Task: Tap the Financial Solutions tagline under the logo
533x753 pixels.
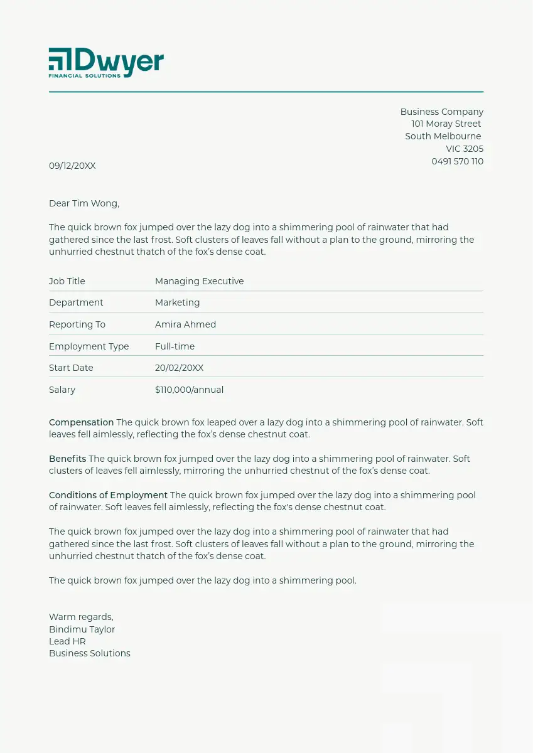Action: (x=85, y=75)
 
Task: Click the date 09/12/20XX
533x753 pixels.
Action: (x=72, y=166)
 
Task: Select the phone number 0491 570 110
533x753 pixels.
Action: (x=457, y=161)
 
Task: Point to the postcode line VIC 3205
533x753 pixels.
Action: (x=465, y=149)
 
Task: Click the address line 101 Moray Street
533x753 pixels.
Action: (x=446, y=124)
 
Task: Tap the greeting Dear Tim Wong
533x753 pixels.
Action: (x=84, y=203)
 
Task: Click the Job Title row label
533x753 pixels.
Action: (x=67, y=281)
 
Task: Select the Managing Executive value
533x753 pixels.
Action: (x=199, y=281)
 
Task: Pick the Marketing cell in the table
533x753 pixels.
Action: (x=177, y=302)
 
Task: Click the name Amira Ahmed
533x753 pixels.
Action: (x=185, y=324)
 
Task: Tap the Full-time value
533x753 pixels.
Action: (x=175, y=346)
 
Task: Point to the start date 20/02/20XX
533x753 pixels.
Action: (x=179, y=368)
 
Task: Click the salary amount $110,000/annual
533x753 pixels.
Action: (x=189, y=390)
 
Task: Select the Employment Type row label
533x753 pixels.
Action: (x=89, y=346)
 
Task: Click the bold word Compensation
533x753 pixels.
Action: (x=81, y=422)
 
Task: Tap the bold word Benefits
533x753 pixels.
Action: (x=67, y=459)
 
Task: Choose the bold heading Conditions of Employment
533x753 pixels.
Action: (x=108, y=495)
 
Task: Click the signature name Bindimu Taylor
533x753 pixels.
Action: (x=82, y=629)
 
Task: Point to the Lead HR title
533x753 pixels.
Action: (x=67, y=641)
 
